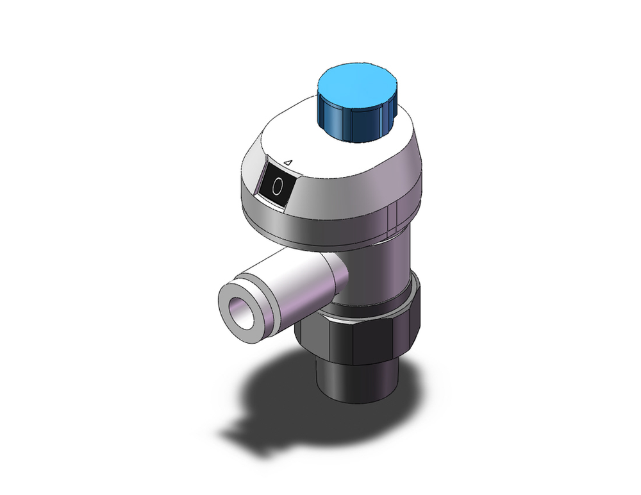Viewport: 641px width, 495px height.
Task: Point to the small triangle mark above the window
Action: (288, 163)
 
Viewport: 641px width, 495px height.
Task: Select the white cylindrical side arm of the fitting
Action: (295, 282)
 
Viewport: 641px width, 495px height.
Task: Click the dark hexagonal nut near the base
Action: (359, 340)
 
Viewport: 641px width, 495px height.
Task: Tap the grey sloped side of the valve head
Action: (346, 192)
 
